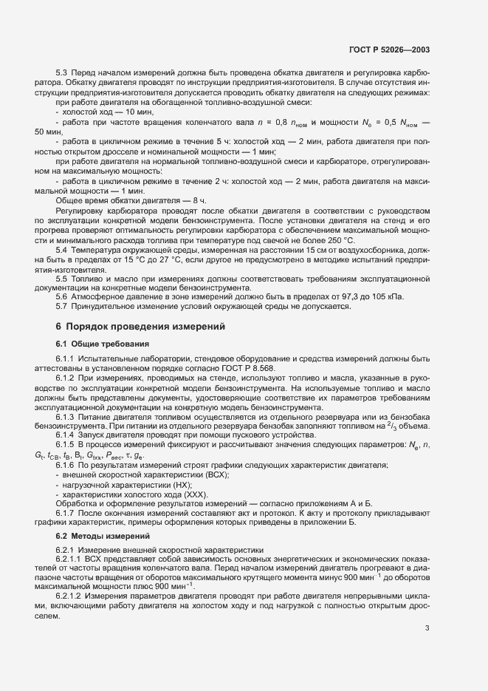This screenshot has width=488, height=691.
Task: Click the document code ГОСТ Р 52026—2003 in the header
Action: [388, 50]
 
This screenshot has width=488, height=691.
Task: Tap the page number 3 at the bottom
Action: [427, 628]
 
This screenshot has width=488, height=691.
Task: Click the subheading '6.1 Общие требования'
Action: [103, 344]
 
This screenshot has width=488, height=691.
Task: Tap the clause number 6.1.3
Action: [66, 416]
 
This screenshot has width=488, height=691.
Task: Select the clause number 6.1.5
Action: [66, 444]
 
